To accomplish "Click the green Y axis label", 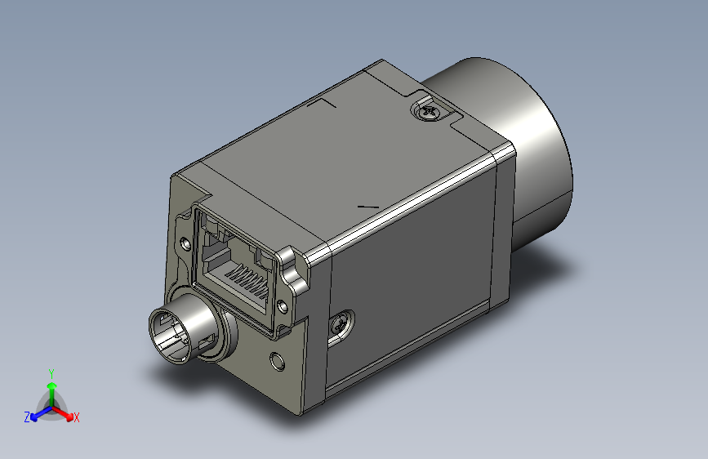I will tap(51, 372).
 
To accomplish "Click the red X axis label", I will tap(77, 417).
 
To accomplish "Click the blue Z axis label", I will tap(27, 417).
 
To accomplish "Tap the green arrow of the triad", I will tap(51, 387).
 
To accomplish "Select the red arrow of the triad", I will tap(65, 411).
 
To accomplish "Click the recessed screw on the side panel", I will tap(341, 324).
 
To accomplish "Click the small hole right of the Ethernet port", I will tap(283, 305).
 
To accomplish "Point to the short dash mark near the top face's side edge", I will tap(367, 205).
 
